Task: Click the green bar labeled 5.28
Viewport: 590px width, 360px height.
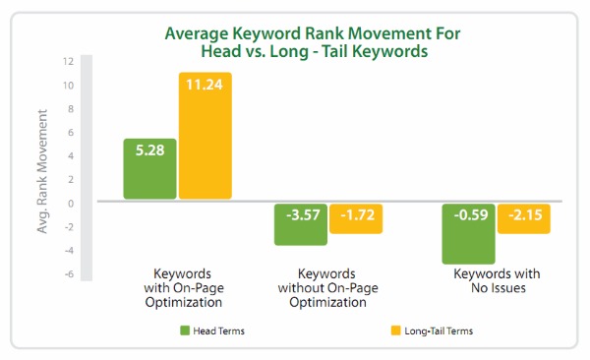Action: click(149, 168)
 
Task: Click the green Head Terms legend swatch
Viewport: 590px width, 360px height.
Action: click(185, 331)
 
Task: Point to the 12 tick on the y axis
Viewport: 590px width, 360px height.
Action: click(68, 61)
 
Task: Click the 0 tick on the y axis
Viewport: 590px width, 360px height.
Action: click(71, 204)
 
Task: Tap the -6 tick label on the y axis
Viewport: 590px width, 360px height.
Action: click(69, 274)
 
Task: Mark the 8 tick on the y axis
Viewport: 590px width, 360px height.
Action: click(71, 108)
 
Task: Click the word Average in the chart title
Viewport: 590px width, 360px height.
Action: click(202, 33)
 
